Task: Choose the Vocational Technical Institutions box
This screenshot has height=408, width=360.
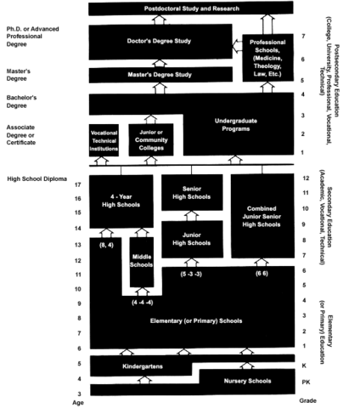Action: coord(104,140)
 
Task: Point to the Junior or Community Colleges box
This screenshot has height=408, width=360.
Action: coord(150,140)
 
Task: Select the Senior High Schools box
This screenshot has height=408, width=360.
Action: coord(192,191)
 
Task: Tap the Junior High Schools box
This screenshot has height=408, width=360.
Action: coord(192,237)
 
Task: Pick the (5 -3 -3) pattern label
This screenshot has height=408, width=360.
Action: coord(192,275)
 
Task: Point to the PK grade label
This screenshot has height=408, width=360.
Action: coord(306,382)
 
